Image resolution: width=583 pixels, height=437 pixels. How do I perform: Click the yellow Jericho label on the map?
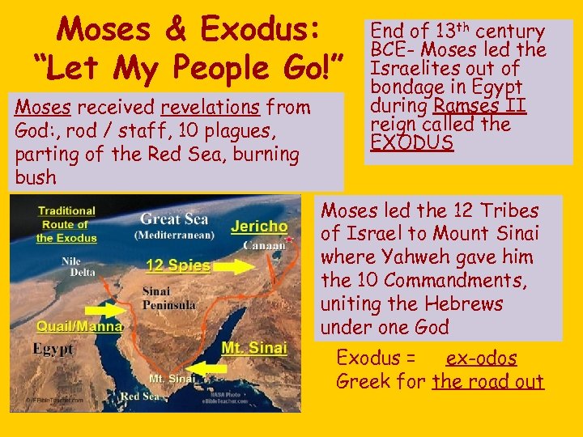pyautogui.click(x=258, y=227)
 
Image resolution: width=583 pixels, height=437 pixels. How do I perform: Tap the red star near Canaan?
pyautogui.click(x=287, y=240)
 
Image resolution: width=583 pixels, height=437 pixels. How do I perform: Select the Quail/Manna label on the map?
pyautogui.click(x=79, y=326)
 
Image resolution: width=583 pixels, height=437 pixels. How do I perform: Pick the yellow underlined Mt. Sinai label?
pyautogui.click(x=253, y=349)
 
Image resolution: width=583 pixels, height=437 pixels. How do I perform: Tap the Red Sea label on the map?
pyautogui.click(x=140, y=397)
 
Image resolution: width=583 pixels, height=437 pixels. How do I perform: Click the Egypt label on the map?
pyautogui.click(x=53, y=350)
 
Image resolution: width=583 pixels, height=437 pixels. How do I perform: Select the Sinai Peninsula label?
pyautogui.click(x=168, y=298)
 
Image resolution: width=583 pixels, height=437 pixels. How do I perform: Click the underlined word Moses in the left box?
pyautogui.click(x=42, y=107)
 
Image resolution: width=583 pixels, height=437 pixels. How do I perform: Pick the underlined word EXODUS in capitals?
pyautogui.click(x=411, y=143)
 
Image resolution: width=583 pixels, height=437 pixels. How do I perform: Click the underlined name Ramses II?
pyautogui.click(x=479, y=106)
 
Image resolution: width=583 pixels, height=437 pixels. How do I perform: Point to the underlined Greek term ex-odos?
pyautogui.click(x=481, y=358)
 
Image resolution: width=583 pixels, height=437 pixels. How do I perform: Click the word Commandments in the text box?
pyautogui.click(x=454, y=281)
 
